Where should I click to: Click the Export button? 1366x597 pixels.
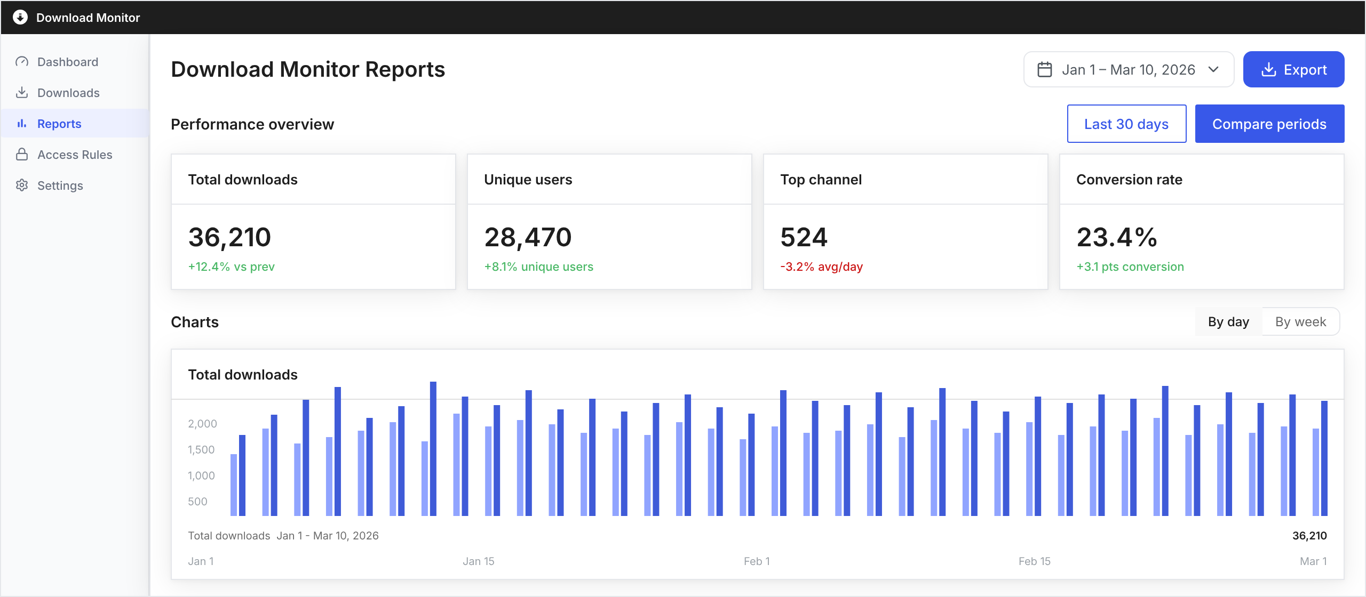tap(1293, 69)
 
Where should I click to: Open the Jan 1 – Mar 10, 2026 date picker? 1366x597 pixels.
tap(1128, 69)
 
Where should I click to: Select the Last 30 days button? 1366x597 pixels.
tap(1126, 124)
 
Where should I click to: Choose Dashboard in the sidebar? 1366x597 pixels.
tap(68, 62)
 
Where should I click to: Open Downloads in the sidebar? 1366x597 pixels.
tap(68, 93)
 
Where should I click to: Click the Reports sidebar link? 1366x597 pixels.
tap(59, 124)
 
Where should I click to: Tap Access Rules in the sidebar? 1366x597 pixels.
tap(75, 155)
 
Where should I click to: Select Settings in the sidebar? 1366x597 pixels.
tap(60, 185)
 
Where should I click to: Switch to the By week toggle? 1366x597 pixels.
tap(1300, 321)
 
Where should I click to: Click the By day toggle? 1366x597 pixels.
tap(1228, 321)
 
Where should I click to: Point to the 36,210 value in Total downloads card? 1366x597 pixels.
tap(229, 237)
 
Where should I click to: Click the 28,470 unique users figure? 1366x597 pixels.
tap(528, 237)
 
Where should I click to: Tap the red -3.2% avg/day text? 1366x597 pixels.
tap(821, 267)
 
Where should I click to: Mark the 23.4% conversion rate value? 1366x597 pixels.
tap(1117, 237)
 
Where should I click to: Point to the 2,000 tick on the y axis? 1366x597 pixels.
tap(202, 424)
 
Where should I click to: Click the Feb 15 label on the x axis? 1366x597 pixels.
tap(1034, 561)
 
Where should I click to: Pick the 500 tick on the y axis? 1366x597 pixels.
tap(197, 502)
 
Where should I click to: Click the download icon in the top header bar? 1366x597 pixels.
tap(20, 17)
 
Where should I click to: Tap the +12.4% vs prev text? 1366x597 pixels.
tap(231, 267)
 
